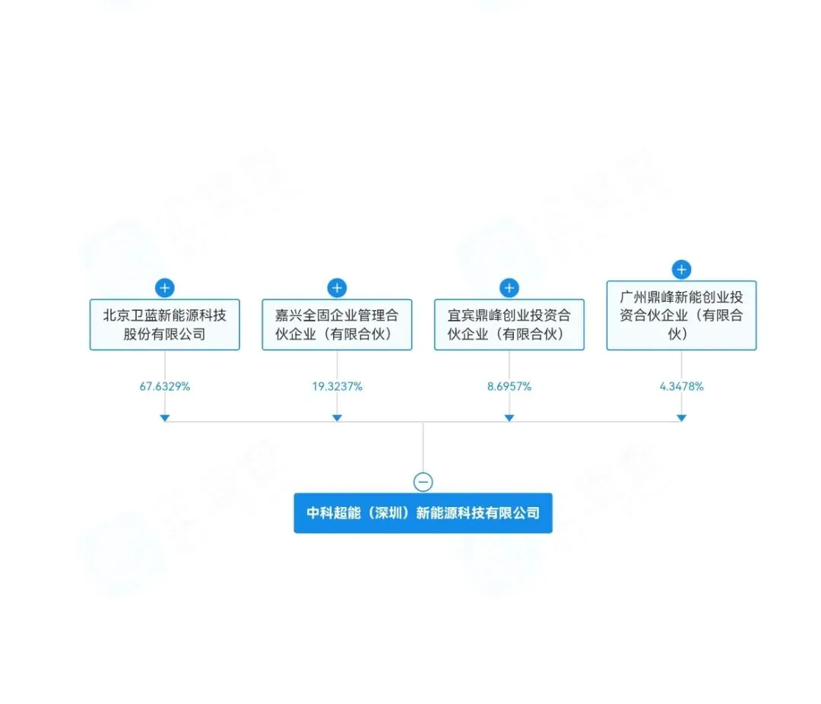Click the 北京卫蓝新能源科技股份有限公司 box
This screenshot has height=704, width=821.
point(164,324)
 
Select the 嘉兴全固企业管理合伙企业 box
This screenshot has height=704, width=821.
point(337,324)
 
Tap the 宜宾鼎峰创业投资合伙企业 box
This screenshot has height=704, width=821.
point(509,324)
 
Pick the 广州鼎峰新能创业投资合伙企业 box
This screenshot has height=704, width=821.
point(681,315)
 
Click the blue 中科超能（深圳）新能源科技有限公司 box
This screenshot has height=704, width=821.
point(423,513)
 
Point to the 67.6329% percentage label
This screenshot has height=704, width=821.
point(164,386)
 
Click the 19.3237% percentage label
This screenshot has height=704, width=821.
point(337,386)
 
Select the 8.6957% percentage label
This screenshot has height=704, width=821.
point(509,386)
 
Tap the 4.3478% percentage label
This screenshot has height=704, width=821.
point(681,386)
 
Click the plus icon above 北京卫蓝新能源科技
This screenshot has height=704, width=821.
point(165,288)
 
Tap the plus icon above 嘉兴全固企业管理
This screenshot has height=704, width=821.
point(337,288)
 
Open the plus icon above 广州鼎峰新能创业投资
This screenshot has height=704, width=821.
point(682,270)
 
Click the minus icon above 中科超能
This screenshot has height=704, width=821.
point(423,482)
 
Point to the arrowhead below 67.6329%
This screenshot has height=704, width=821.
point(165,417)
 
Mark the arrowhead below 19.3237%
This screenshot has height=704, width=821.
point(337,417)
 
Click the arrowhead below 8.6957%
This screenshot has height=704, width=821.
point(509,417)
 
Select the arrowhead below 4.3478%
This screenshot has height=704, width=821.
point(682,417)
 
